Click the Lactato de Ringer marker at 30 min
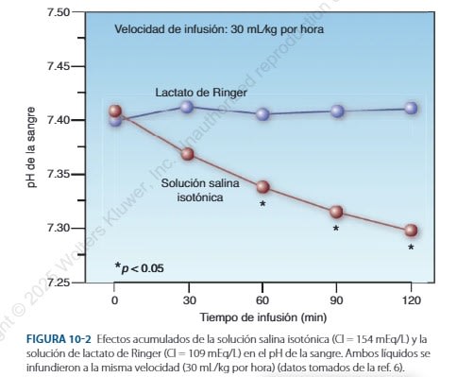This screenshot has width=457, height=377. [x=188, y=107]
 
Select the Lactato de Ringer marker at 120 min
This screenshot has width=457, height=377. [x=411, y=108]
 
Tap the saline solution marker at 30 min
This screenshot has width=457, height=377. [x=188, y=153]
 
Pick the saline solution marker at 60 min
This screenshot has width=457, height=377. [x=262, y=186]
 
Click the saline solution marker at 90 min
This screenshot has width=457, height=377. [x=336, y=212]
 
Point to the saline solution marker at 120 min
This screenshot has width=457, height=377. [x=411, y=230]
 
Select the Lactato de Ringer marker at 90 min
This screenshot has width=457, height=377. [x=336, y=111]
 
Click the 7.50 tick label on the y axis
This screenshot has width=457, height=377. [x=59, y=12]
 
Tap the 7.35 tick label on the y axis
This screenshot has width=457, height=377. [x=59, y=175]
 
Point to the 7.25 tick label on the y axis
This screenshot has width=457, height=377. [x=59, y=283]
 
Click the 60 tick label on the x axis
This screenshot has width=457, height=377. [x=262, y=300]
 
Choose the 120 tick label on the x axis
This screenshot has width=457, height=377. [x=411, y=300]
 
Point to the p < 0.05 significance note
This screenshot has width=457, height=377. [x=139, y=267]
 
